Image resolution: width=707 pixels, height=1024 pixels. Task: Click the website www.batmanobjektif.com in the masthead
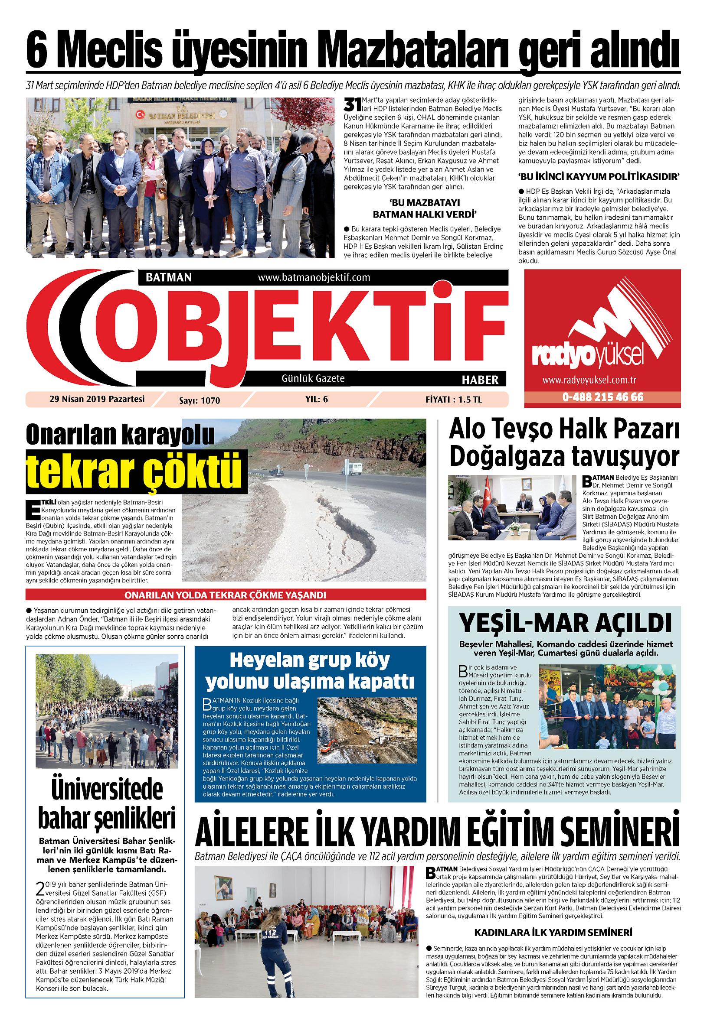point(313,277)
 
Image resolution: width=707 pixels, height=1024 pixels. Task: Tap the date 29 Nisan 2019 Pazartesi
point(97,399)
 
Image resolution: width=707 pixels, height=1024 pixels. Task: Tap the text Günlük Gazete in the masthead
point(313,378)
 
